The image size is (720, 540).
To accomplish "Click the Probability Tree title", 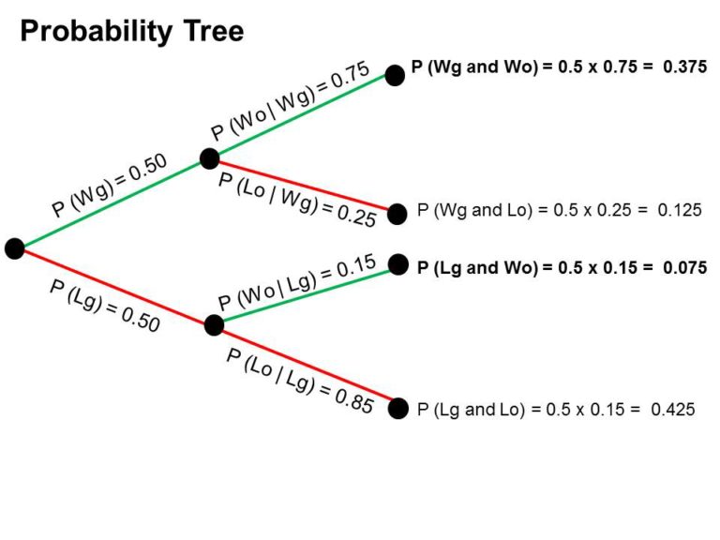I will [131, 32].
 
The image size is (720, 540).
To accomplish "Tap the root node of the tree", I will [14, 248].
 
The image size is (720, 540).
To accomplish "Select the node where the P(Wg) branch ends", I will [209, 158].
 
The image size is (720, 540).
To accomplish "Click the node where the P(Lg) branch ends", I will [214, 325].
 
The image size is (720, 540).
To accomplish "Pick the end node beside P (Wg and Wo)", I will [395, 76].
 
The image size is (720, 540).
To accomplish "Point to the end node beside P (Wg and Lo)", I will [397, 212].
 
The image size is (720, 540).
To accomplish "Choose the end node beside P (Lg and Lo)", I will [398, 408].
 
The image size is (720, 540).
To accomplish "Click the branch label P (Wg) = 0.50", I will [110, 186].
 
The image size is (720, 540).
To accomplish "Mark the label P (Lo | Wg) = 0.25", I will [297, 199].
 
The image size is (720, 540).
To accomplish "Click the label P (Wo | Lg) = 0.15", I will [297, 282].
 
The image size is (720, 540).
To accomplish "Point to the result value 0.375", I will [684, 68].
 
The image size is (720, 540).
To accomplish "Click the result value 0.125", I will [680, 210].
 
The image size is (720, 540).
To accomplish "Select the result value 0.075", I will [684, 267].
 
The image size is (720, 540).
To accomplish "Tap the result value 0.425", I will [673, 409].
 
